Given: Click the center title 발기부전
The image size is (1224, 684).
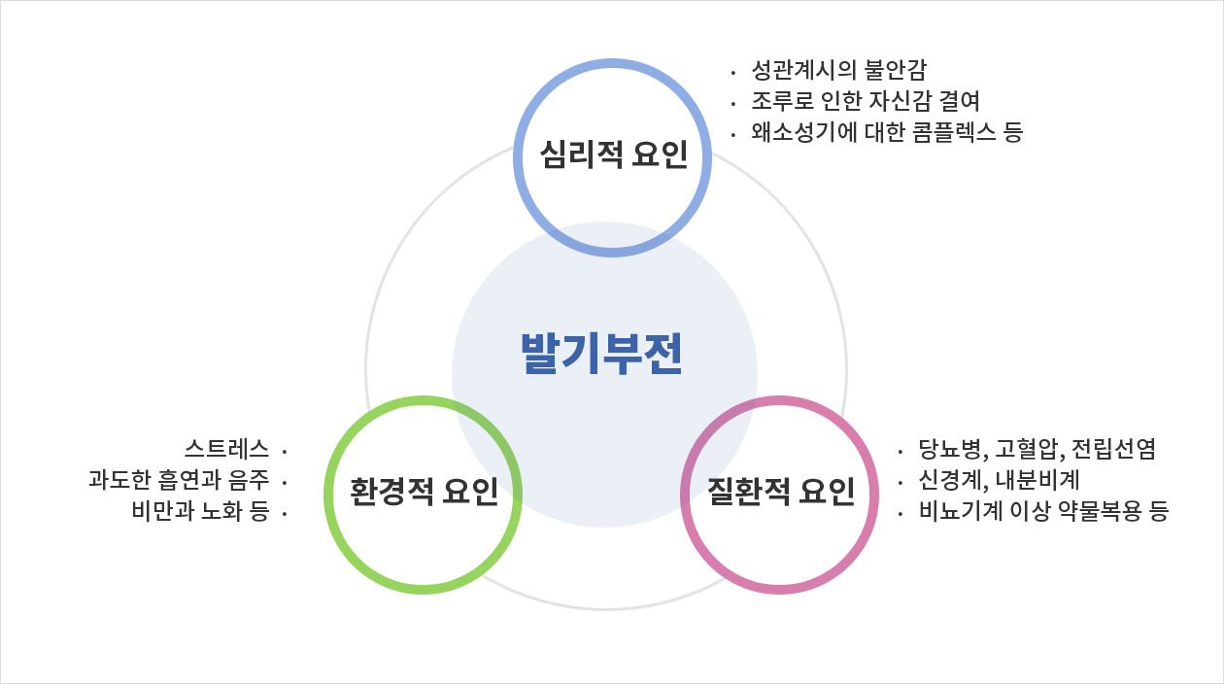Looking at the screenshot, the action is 601,354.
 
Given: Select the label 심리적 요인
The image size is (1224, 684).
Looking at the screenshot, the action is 614,154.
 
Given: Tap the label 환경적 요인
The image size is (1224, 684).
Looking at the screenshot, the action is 424,491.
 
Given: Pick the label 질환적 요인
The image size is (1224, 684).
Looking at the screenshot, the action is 781,491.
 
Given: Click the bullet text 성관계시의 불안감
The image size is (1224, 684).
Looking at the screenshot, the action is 839,69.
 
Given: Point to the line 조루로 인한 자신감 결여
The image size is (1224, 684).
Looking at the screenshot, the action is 866,100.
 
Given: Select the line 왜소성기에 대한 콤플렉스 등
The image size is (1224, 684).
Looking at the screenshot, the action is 887,132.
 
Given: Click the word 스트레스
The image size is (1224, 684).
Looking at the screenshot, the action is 226,449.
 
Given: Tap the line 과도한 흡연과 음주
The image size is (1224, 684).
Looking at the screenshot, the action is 179,480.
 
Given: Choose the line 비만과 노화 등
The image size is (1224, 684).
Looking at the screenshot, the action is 200,511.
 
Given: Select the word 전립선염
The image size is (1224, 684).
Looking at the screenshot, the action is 1113,449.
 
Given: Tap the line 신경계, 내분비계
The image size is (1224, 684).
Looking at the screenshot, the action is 999,480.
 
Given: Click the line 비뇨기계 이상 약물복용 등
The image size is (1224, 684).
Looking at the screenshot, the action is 1043,511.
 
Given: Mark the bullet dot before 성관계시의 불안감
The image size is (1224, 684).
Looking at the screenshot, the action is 733,71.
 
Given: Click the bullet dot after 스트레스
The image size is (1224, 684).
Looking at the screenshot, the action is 285,452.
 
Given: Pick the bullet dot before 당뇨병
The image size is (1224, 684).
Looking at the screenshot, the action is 900,452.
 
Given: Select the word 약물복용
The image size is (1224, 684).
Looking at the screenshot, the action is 1100,511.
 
